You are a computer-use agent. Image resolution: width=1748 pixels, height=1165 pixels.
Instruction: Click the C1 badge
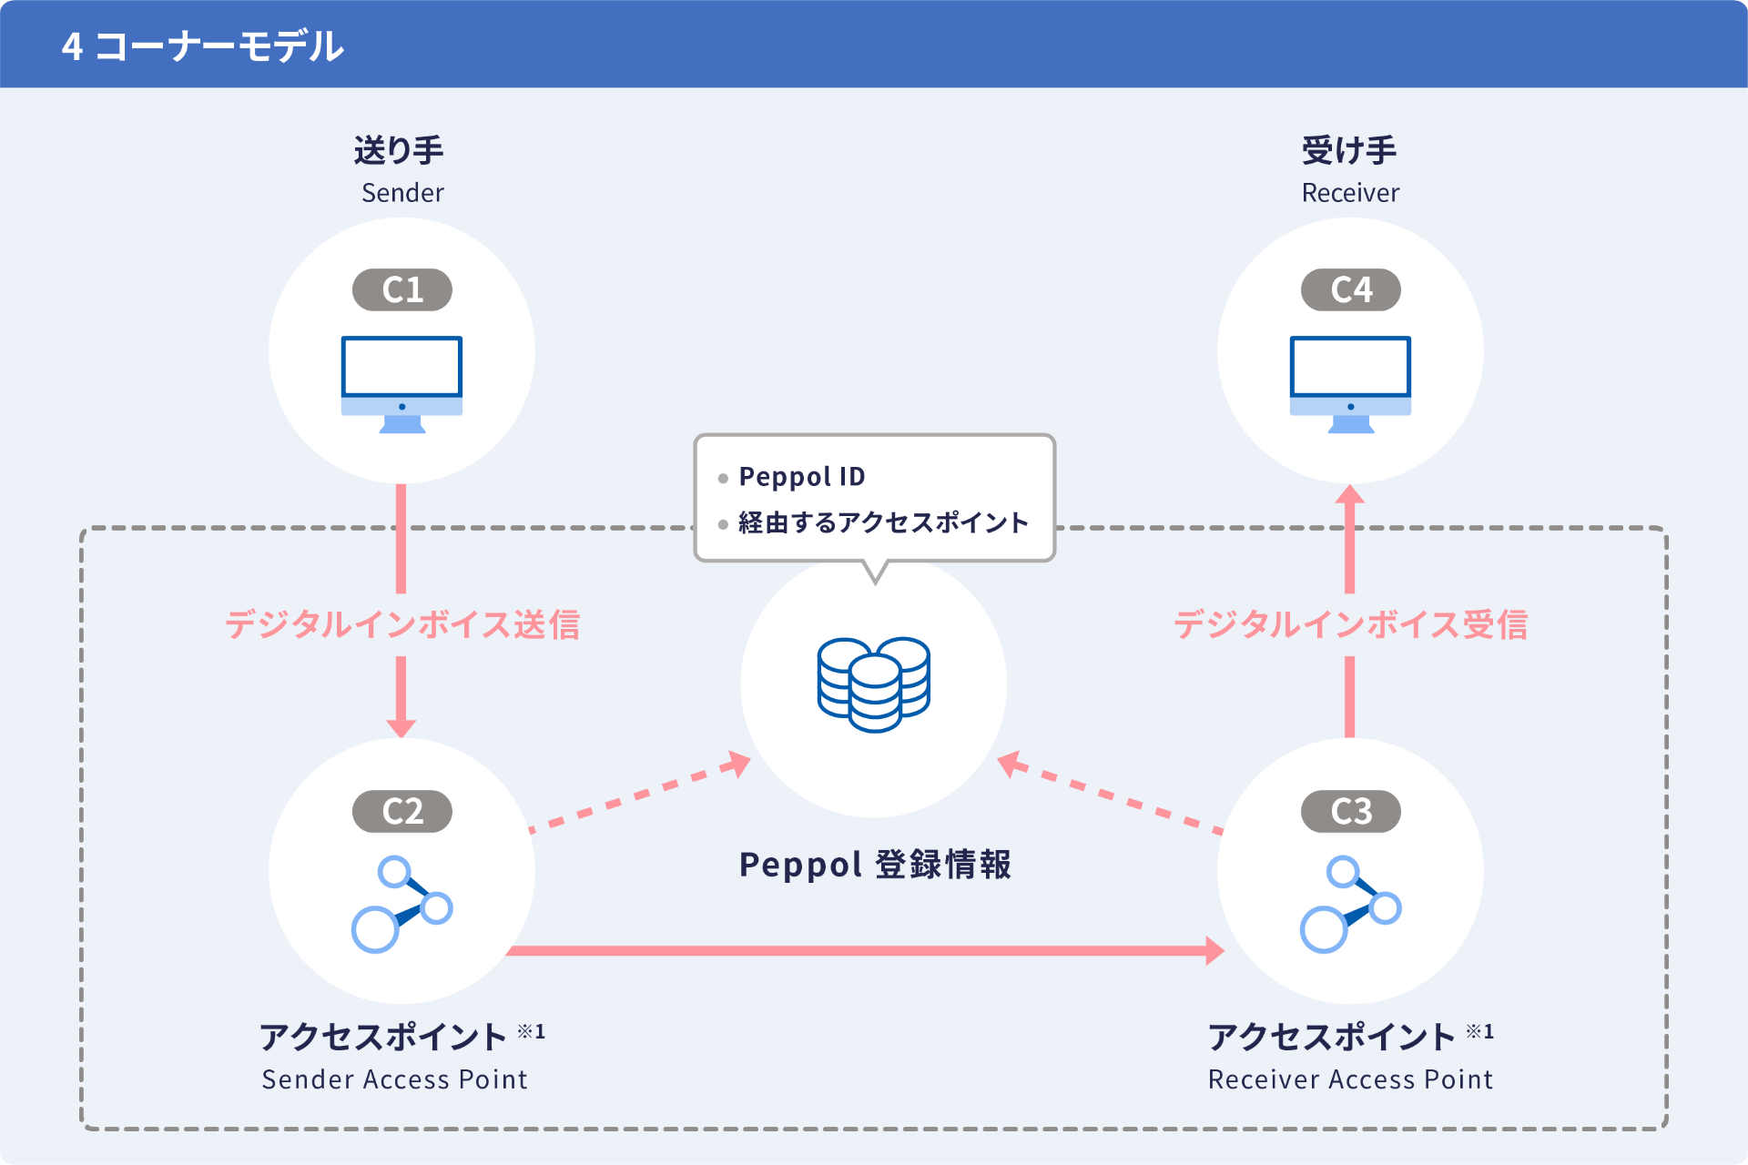pos(402,289)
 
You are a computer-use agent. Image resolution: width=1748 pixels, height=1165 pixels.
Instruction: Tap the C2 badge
pos(402,811)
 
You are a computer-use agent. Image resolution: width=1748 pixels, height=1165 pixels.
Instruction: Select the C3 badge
pos(1351,811)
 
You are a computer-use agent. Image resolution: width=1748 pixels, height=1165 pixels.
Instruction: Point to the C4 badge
pos(1351,289)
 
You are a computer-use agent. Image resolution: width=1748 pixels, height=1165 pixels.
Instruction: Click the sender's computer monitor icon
pos(401,383)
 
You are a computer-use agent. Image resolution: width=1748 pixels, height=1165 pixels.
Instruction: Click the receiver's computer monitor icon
pos(1350,383)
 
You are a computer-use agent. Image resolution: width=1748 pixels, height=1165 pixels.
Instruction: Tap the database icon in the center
pos(874,684)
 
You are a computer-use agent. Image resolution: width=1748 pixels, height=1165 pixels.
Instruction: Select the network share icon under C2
pos(401,904)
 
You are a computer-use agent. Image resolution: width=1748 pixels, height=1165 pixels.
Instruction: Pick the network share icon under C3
pos(1350,904)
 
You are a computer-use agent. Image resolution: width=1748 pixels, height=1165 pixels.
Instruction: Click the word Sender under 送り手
pos(402,193)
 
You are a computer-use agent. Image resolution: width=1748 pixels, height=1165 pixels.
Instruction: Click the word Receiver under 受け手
pos(1350,193)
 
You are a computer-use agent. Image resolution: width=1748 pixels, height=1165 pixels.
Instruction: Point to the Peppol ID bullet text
pos(802,476)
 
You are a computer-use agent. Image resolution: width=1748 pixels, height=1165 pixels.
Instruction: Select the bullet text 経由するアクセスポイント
pos(883,522)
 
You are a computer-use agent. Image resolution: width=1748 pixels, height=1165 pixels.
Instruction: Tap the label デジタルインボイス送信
pos(402,624)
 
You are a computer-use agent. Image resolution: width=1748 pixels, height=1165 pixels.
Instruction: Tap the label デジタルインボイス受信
pos(1350,624)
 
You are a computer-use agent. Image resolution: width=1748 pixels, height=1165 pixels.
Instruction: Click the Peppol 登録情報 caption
pos(875,864)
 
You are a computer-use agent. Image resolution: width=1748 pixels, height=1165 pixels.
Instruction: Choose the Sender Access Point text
pos(394,1079)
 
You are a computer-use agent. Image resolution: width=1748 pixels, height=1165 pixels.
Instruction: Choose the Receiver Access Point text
pos(1350,1079)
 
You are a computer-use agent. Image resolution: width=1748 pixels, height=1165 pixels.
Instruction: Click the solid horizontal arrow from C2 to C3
pos(865,950)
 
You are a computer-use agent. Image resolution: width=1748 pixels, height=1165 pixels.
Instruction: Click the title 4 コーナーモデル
pos(202,46)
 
